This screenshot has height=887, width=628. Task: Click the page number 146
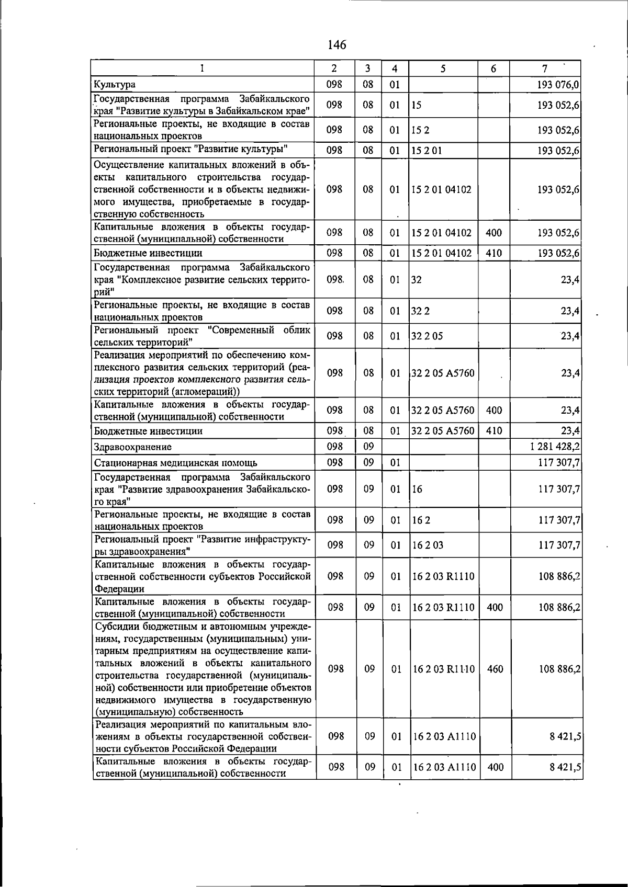[337, 45]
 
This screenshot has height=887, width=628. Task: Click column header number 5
[443, 69]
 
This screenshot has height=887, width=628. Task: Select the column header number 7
[545, 69]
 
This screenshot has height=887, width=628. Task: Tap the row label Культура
[115, 84]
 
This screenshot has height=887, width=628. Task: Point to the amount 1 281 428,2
[554, 447]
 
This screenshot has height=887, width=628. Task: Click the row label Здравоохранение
[133, 447]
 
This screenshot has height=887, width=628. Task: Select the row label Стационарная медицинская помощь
[175, 463]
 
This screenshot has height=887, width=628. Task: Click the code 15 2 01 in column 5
[427, 151]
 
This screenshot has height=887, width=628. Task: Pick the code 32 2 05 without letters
[427, 336]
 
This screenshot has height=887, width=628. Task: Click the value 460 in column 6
[495, 668]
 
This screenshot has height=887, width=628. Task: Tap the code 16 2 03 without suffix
[428, 545]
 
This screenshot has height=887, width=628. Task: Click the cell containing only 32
[417, 279]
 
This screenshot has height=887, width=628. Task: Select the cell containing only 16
[417, 489]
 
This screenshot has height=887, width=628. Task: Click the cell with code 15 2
[420, 130]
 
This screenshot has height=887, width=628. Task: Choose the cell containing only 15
[417, 105]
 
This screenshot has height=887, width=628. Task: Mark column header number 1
[202, 69]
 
